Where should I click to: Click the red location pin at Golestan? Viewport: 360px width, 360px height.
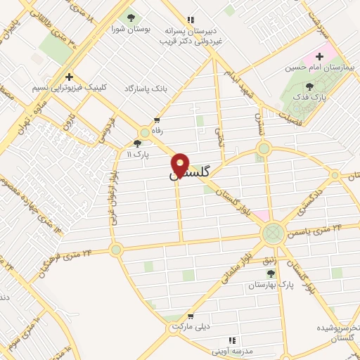(x=181, y=165)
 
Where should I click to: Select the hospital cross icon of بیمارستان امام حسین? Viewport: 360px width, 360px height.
(x=321, y=55)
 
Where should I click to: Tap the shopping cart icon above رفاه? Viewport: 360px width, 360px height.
(x=156, y=120)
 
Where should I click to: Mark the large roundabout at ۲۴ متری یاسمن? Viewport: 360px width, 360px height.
(x=273, y=233)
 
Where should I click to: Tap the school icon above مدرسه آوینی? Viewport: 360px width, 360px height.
(x=233, y=340)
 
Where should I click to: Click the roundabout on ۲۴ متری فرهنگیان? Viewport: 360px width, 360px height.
(x=116, y=248)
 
